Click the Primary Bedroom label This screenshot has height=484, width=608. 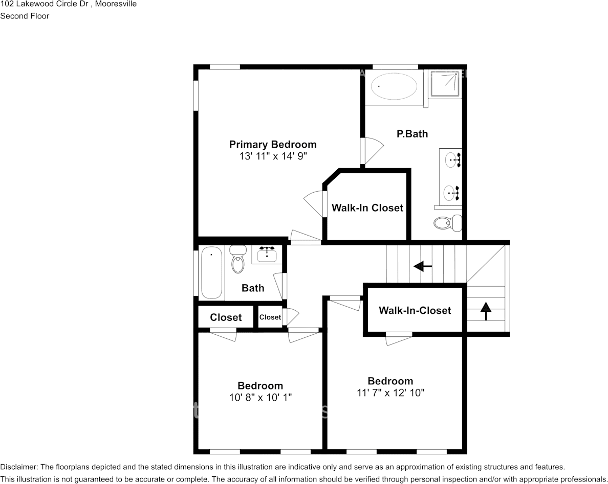tap(272, 144)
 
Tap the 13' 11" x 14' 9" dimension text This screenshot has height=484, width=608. tap(272, 156)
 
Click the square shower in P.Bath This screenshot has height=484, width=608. tap(445, 83)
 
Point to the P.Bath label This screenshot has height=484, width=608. tap(412, 134)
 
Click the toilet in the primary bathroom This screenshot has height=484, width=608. tap(447, 223)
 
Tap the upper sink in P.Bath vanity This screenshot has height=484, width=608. tap(451, 160)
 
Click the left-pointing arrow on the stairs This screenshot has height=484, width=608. tap(422, 266)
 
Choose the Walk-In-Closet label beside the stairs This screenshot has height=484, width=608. tap(415, 310)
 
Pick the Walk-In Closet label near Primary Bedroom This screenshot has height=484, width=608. tap(367, 208)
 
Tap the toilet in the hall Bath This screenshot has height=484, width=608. tap(238, 260)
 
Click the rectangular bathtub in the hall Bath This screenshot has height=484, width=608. tap(211, 272)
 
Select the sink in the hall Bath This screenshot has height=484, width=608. tap(267, 254)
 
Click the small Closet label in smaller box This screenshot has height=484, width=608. tap(270, 317)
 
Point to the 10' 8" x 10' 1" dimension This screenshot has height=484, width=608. tap(260, 397)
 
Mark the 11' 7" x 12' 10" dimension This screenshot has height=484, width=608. tap(390, 393)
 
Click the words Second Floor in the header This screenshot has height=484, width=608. tap(25, 16)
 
